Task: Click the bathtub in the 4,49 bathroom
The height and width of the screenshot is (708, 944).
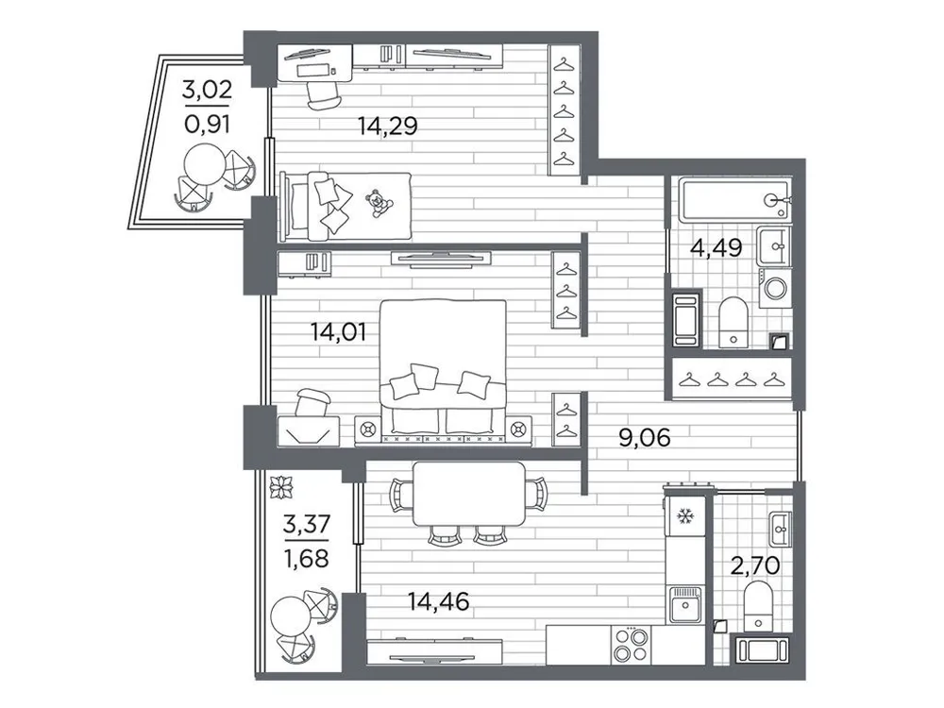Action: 733,199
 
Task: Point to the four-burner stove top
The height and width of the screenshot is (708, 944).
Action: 628,647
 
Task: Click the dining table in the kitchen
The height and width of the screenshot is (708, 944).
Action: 469,494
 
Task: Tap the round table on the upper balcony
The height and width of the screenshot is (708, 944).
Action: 201,167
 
